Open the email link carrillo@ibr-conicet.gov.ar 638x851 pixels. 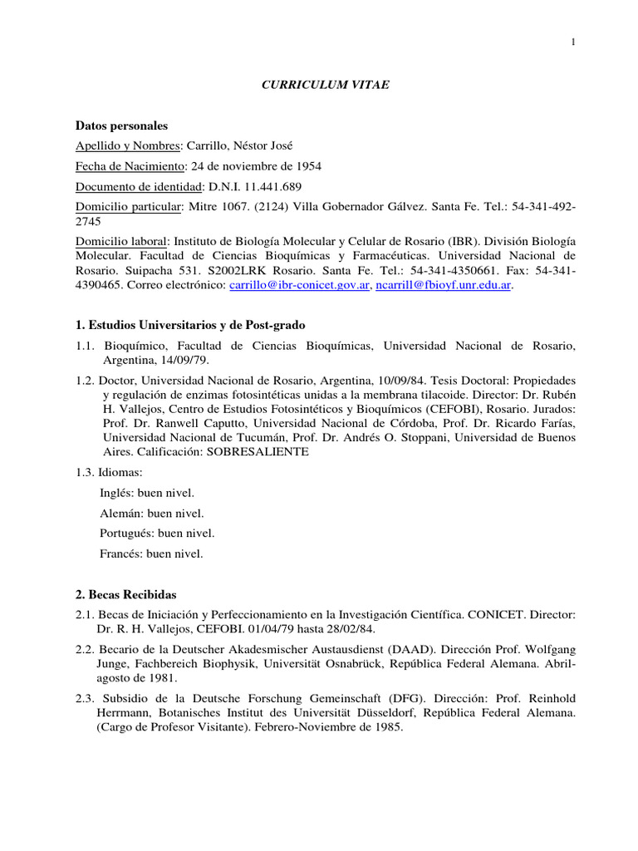(300, 284)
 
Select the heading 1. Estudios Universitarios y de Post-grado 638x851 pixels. (195, 324)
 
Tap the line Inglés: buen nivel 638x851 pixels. (146, 493)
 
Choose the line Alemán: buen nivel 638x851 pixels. (150, 513)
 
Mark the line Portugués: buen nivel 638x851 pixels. (156, 533)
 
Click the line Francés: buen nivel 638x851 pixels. (150, 553)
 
